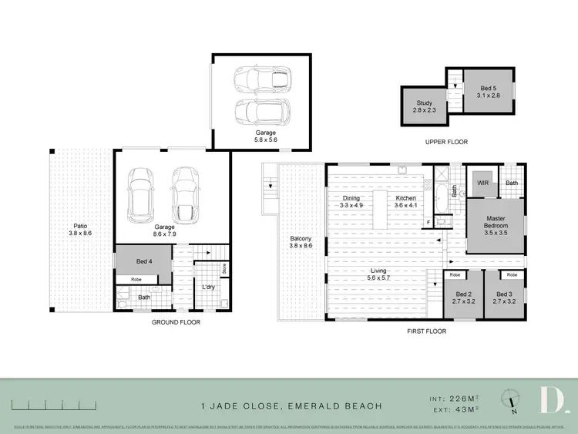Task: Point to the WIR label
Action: tap(483, 183)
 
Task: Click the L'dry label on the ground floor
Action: tap(207, 287)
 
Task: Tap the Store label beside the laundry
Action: tap(223, 269)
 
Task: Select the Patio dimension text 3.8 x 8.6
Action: tap(80, 232)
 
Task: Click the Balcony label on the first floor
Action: tap(301, 238)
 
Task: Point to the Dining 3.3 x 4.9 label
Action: tap(351, 202)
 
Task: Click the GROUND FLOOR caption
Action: tap(175, 322)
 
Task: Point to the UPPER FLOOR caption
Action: tap(445, 142)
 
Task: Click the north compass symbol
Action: tap(512, 399)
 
